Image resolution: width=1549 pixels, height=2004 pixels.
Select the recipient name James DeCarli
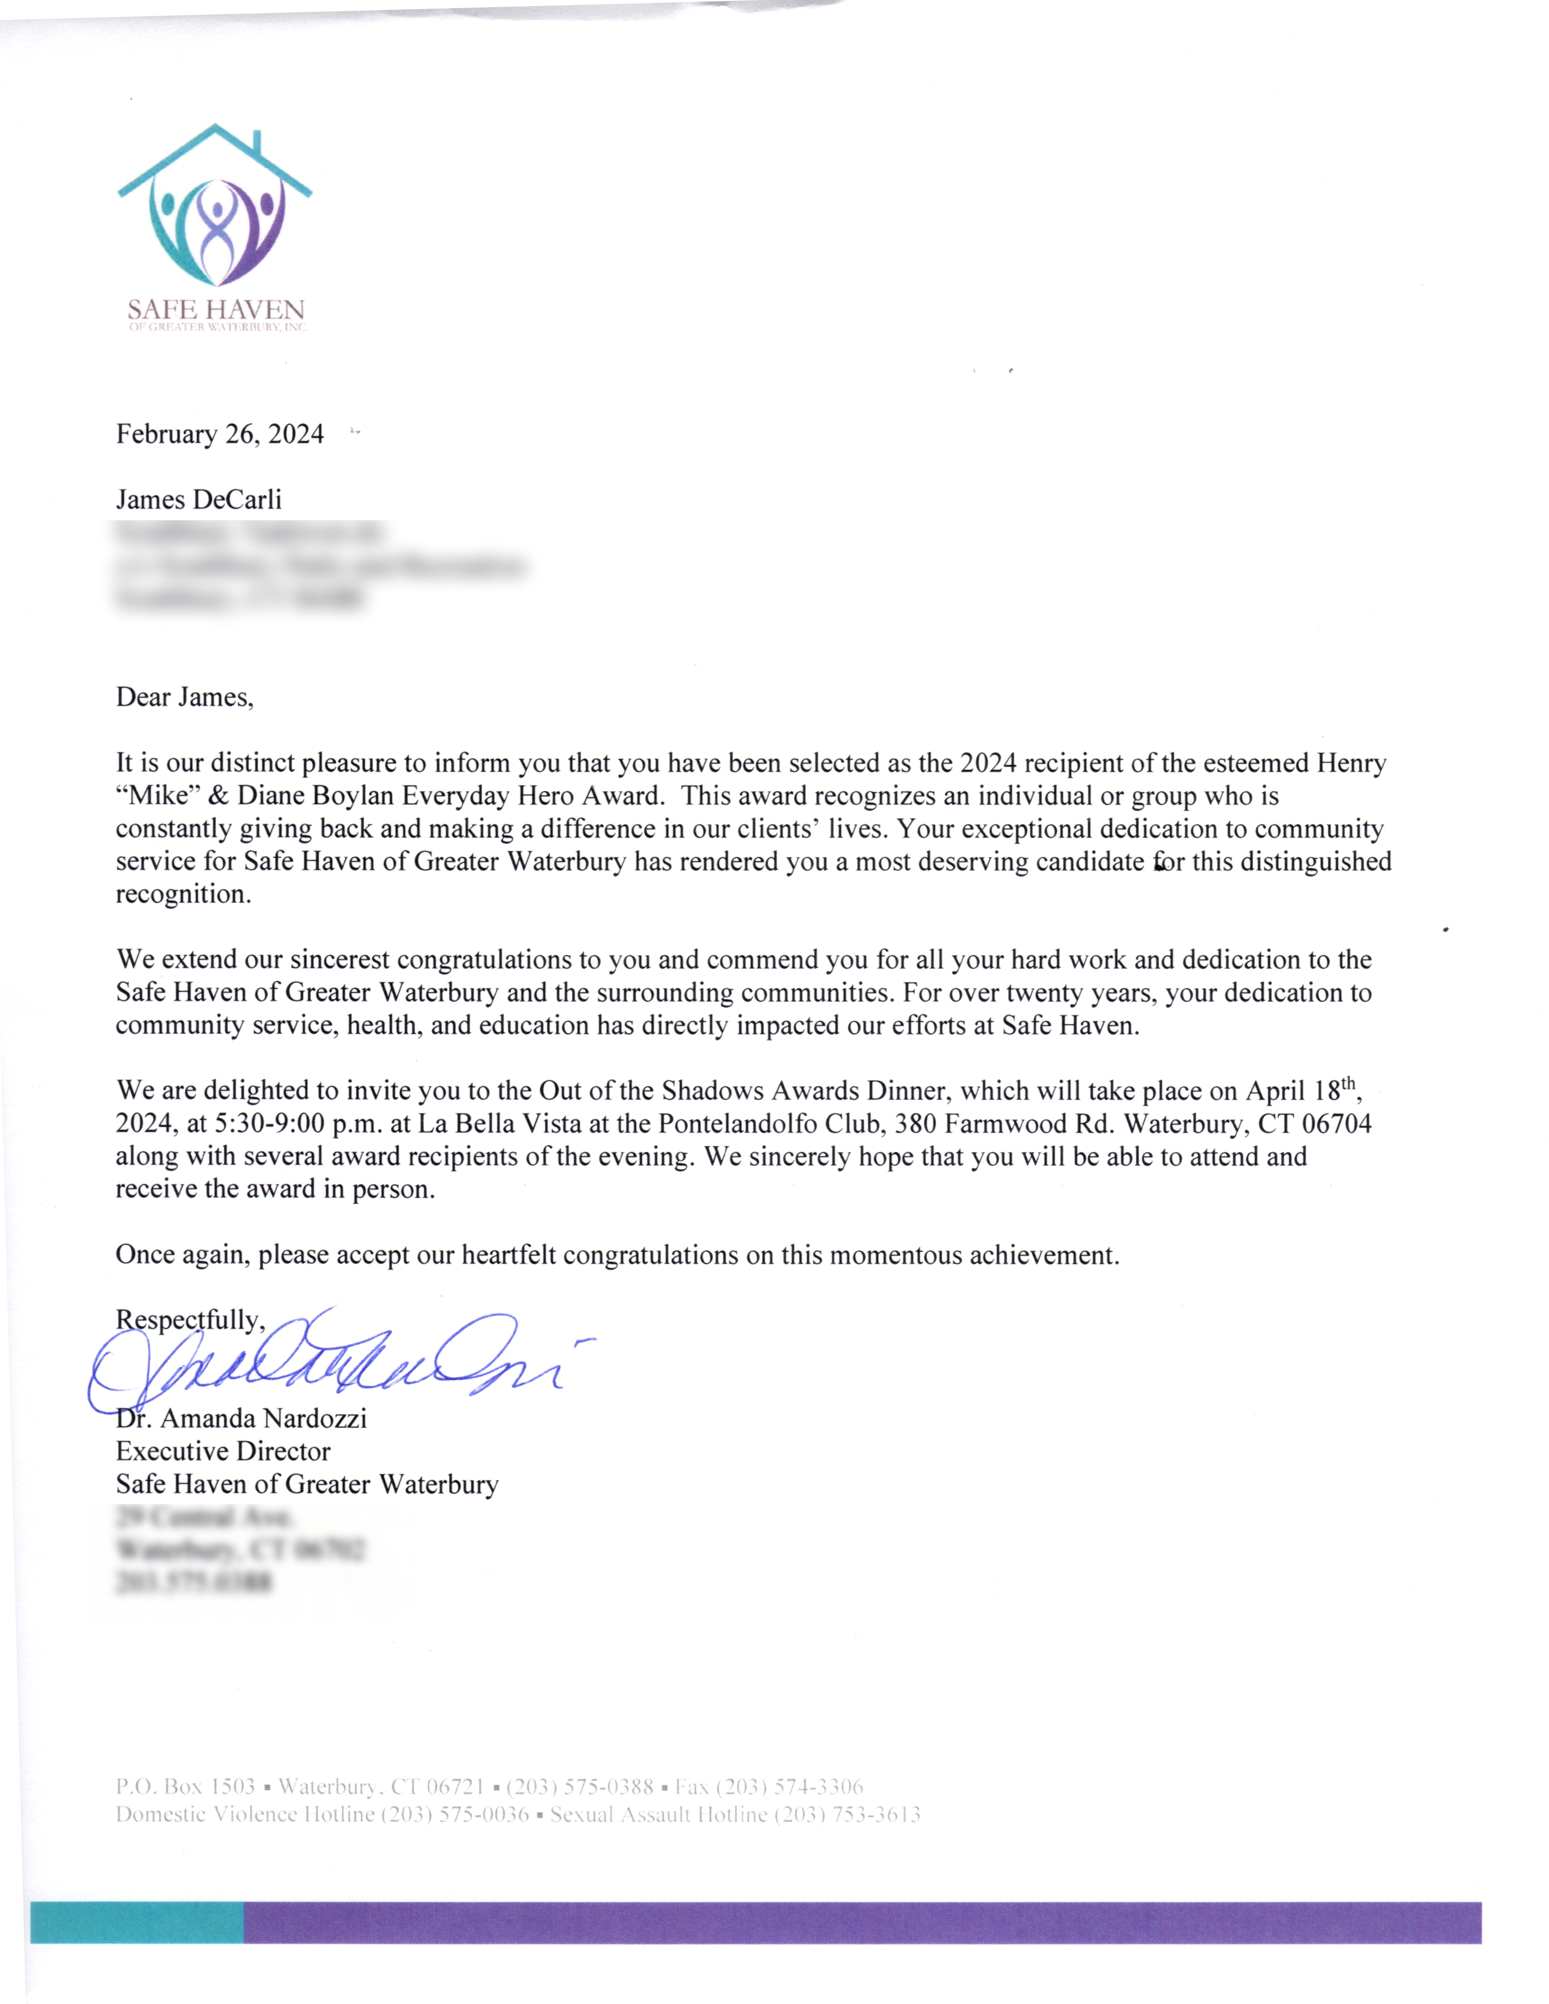point(198,500)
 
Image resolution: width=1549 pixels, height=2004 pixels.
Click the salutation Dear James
point(184,697)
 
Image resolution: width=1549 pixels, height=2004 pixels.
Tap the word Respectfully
point(189,1320)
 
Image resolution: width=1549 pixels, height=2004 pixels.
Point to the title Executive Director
point(223,1451)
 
